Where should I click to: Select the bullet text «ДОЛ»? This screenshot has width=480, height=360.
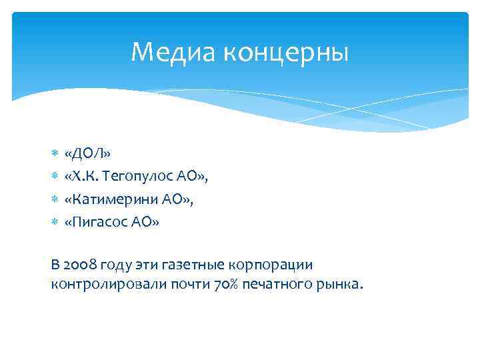click(x=87, y=153)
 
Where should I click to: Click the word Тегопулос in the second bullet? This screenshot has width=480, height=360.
click(x=138, y=176)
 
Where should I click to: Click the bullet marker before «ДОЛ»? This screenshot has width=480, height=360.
click(x=55, y=154)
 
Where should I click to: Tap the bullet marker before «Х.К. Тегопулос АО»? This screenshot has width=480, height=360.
click(x=55, y=177)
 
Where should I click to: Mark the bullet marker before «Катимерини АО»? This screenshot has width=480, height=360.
click(x=55, y=199)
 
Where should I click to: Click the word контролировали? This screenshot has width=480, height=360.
click(x=98, y=285)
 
